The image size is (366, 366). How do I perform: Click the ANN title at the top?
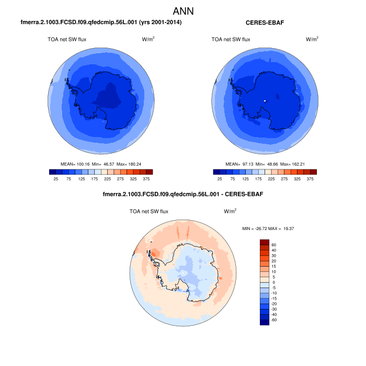point(183,10)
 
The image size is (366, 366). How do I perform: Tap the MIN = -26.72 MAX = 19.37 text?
point(268,228)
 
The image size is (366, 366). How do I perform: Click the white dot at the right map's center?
point(265,100)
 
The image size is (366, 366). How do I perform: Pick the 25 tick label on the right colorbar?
point(220,179)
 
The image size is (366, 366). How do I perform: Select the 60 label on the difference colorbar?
point(273,244)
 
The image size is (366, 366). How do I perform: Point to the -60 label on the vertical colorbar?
point(274,319)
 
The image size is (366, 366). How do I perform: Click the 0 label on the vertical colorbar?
point(273,282)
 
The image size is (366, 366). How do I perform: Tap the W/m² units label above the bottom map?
point(230,211)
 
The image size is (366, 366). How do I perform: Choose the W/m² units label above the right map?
point(312,39)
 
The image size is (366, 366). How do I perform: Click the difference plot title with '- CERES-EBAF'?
point(183,195)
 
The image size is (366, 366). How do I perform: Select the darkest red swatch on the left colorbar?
point(149,171)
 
